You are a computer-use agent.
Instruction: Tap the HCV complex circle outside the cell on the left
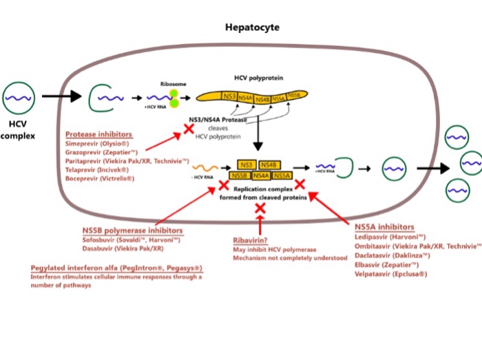[x=19, y=98]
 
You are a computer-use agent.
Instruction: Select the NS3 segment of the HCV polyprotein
[x=231, y=96]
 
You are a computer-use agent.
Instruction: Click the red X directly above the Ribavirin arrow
[x=260, y=208]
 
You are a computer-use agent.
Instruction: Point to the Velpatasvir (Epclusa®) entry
[x=391, y=273]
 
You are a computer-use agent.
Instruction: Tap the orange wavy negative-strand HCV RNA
[x=203, y=167]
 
